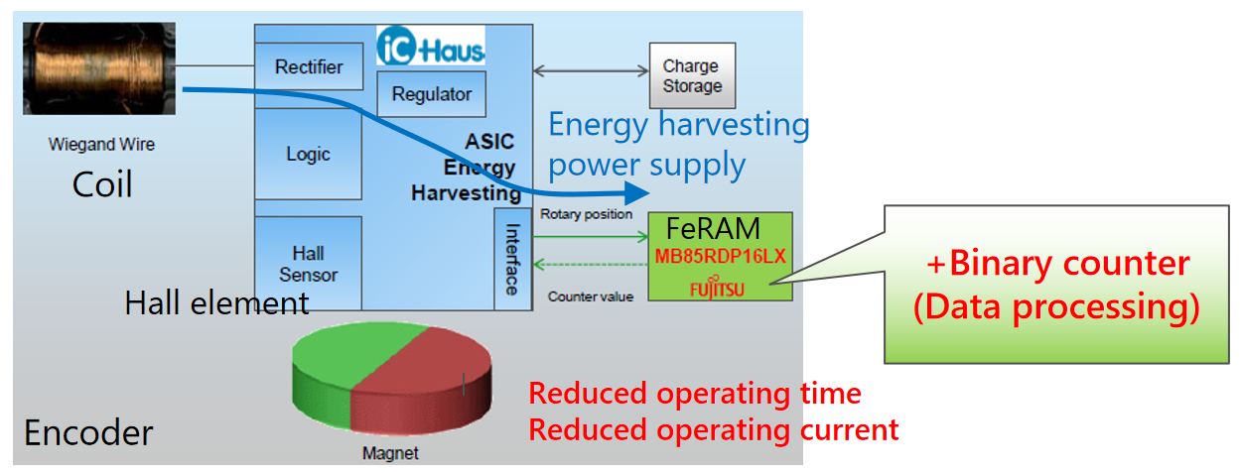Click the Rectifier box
point(309,67)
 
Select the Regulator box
point(431,94)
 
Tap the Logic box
point(308,154)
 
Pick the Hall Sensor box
point(308,264)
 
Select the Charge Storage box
point(692,76)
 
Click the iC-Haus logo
point(431,47)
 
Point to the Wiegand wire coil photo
point(99,67)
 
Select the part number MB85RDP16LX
point(720,256)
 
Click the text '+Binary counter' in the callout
point(1056,264)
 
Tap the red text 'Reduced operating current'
point(713,430)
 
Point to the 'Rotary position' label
point(586,213)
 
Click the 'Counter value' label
point(590,296)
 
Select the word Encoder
point(88,433)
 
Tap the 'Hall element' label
point(216,302)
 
